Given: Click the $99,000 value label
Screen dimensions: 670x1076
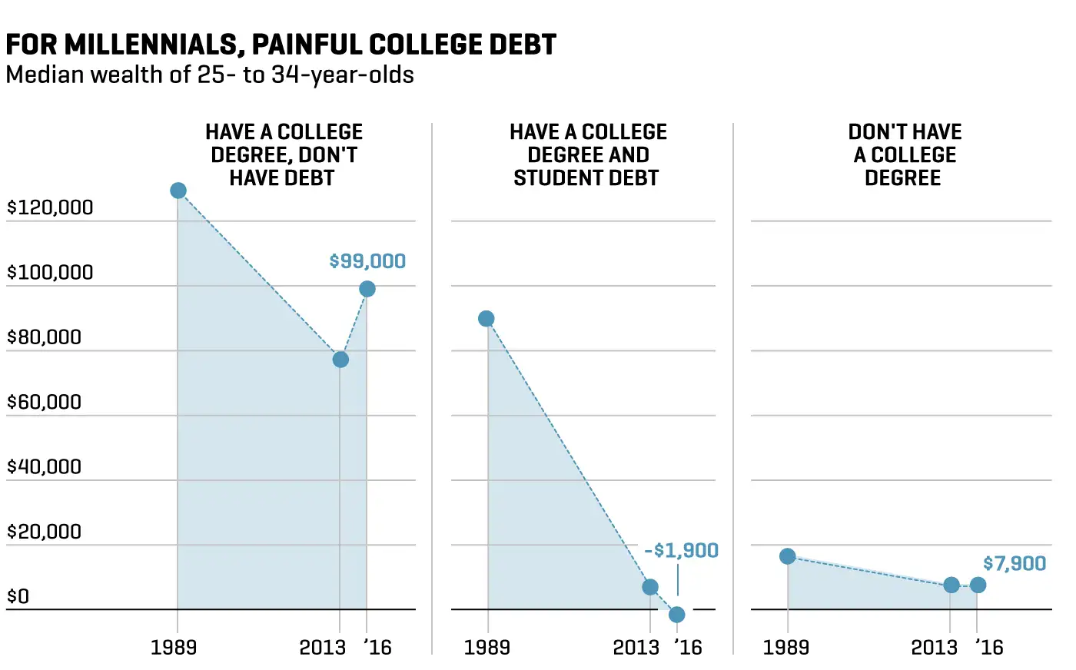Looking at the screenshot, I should (x=367, y=261).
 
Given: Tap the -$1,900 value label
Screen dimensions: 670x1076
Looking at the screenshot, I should (x=681, y=551).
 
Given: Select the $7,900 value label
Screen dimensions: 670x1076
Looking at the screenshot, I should (x=1015, y=564).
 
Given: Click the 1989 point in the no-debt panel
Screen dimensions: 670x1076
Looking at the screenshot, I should (x=178, y=191).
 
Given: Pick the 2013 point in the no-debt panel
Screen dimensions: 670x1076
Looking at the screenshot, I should (x=340, y=360).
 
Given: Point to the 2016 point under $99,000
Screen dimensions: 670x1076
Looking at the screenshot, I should (x=367, y=289).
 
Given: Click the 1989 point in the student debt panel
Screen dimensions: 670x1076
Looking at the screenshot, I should (x=487, y=319).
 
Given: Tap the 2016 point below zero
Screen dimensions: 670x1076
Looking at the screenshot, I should (x=677, y=615).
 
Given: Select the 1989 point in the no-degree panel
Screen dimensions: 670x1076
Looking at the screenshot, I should (x=788, y=556).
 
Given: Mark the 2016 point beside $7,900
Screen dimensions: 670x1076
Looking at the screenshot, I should (x=978, y=585).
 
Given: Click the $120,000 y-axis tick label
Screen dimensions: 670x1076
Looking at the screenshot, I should (x=50, y=207).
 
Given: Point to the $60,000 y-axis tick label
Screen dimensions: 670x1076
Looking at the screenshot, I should (x=44, y=402).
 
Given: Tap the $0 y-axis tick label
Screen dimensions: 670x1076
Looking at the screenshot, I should (x=18, y=597).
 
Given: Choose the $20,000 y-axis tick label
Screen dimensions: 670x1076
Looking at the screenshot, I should (x=44, y=532).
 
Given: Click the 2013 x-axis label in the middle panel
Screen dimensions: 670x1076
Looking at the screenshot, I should (x=636, y=648).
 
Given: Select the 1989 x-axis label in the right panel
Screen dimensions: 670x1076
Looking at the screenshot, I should (x=785, y=648).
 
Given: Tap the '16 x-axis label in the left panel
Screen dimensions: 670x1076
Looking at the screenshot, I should (x=377, y=648).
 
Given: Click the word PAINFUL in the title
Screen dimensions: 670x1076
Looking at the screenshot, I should (x=307, y=45).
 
